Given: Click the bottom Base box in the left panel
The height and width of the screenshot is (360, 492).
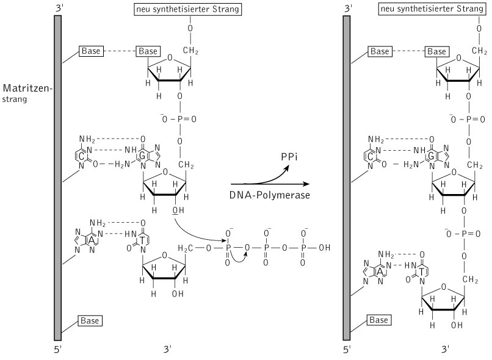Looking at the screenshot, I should point(90,320).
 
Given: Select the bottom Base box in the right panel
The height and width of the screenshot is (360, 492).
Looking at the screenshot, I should point(380,320).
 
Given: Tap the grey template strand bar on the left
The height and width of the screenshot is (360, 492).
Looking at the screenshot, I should point(58,177).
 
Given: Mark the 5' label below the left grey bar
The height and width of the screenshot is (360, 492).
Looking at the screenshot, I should point(58,350).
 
